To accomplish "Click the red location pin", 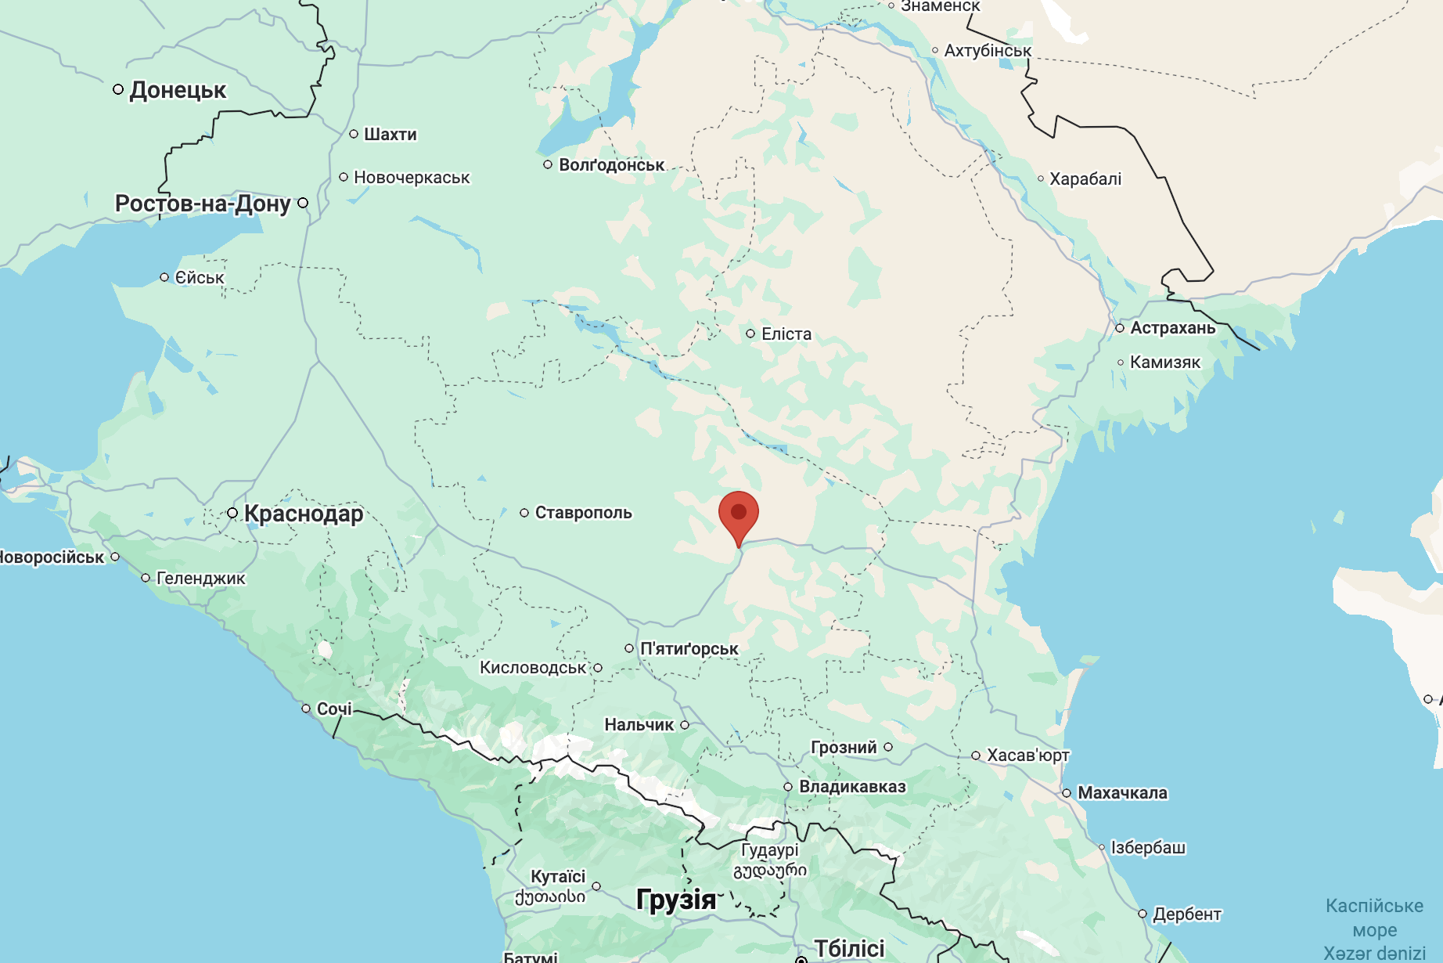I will point(738,514).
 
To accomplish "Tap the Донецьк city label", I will point(178,90).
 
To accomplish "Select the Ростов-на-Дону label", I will point(203,204).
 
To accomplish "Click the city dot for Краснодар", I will point(232,514).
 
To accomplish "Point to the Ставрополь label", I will point(583,513).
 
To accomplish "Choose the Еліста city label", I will point(786,334).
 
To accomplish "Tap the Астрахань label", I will point(1172,328).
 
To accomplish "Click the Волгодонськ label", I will point(611,165).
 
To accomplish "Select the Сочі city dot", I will point(306,709).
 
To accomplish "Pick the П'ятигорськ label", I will point(689,649).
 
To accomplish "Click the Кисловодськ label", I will point(533,668).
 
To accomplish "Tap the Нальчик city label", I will point(639,725).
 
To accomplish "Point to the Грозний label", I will point(844,748).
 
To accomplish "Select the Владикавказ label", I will point(852,787).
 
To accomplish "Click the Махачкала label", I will point(1122,793).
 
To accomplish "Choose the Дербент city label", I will point(1186,914).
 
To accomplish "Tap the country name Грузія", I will point(676,900).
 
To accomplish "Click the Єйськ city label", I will point(200,278).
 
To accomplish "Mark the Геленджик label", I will point(201,579).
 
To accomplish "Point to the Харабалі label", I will point(1085,179).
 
